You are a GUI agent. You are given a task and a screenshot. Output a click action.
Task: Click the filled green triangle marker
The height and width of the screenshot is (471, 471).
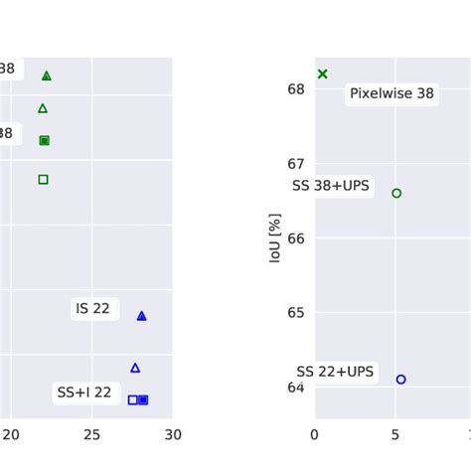(x=46, y=76)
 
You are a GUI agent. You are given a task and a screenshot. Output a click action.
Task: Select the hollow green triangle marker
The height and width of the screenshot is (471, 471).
(x=43, y=108)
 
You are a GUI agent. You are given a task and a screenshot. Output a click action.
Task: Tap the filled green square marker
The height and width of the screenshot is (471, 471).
(x=44, y=140)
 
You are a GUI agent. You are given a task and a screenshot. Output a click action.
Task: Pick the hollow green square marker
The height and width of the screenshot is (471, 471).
(x=43, y=179)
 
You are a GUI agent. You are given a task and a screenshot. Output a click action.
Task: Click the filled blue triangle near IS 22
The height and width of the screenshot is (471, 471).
(x=141, y=316)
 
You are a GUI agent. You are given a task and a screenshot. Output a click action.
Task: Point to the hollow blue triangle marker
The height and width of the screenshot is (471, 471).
(x=135, y=368)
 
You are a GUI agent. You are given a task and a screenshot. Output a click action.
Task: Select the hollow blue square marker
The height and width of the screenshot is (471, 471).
(x=132, y=399)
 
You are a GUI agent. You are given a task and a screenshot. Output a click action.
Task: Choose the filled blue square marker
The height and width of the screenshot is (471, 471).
(x=143, y=399)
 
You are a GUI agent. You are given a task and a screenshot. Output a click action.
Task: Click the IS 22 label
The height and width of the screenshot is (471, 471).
(x=92, y=309)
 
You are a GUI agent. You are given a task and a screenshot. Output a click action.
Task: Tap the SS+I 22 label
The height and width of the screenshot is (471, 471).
(x=83, y=393)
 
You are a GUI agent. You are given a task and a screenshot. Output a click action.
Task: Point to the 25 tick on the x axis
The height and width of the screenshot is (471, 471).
(x=91, y=434)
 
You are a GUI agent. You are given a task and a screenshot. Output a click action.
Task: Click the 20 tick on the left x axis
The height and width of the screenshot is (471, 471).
(x=10, y=434)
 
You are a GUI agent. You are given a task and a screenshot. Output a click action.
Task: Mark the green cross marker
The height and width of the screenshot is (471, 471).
(x=322, y=74)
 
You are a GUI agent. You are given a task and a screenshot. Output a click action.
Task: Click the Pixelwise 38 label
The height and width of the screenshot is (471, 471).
(x=392, y=93)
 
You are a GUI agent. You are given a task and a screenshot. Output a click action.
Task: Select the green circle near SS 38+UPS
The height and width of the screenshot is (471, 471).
(x=396, y=193)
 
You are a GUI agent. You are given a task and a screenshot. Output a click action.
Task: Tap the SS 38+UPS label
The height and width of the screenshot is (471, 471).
(x=331, y=186)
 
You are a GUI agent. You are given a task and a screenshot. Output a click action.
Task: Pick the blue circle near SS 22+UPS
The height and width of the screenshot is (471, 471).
(x=400, y=379)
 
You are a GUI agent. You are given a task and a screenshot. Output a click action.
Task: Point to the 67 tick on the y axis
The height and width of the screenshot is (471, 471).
(x=297, y=164)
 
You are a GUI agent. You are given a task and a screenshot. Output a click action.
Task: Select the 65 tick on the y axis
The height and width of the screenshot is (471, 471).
(x=297, y=312)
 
